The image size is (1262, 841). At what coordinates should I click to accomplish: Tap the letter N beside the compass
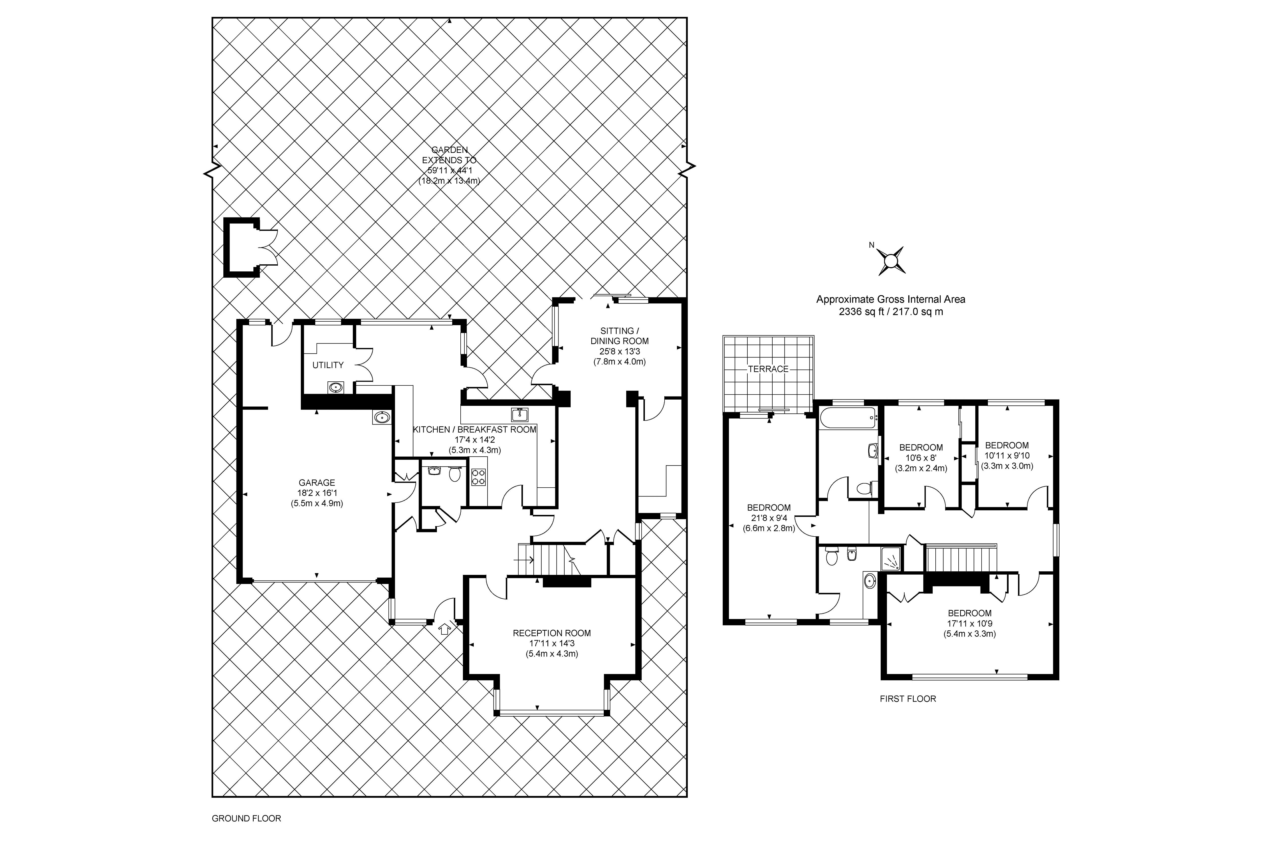pos(871,246)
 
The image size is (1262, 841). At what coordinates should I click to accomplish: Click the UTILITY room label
pos(328,365)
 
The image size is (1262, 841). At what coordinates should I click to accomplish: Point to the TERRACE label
pos(768,369)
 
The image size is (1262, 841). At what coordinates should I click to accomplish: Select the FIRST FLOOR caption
pos(908,699)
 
